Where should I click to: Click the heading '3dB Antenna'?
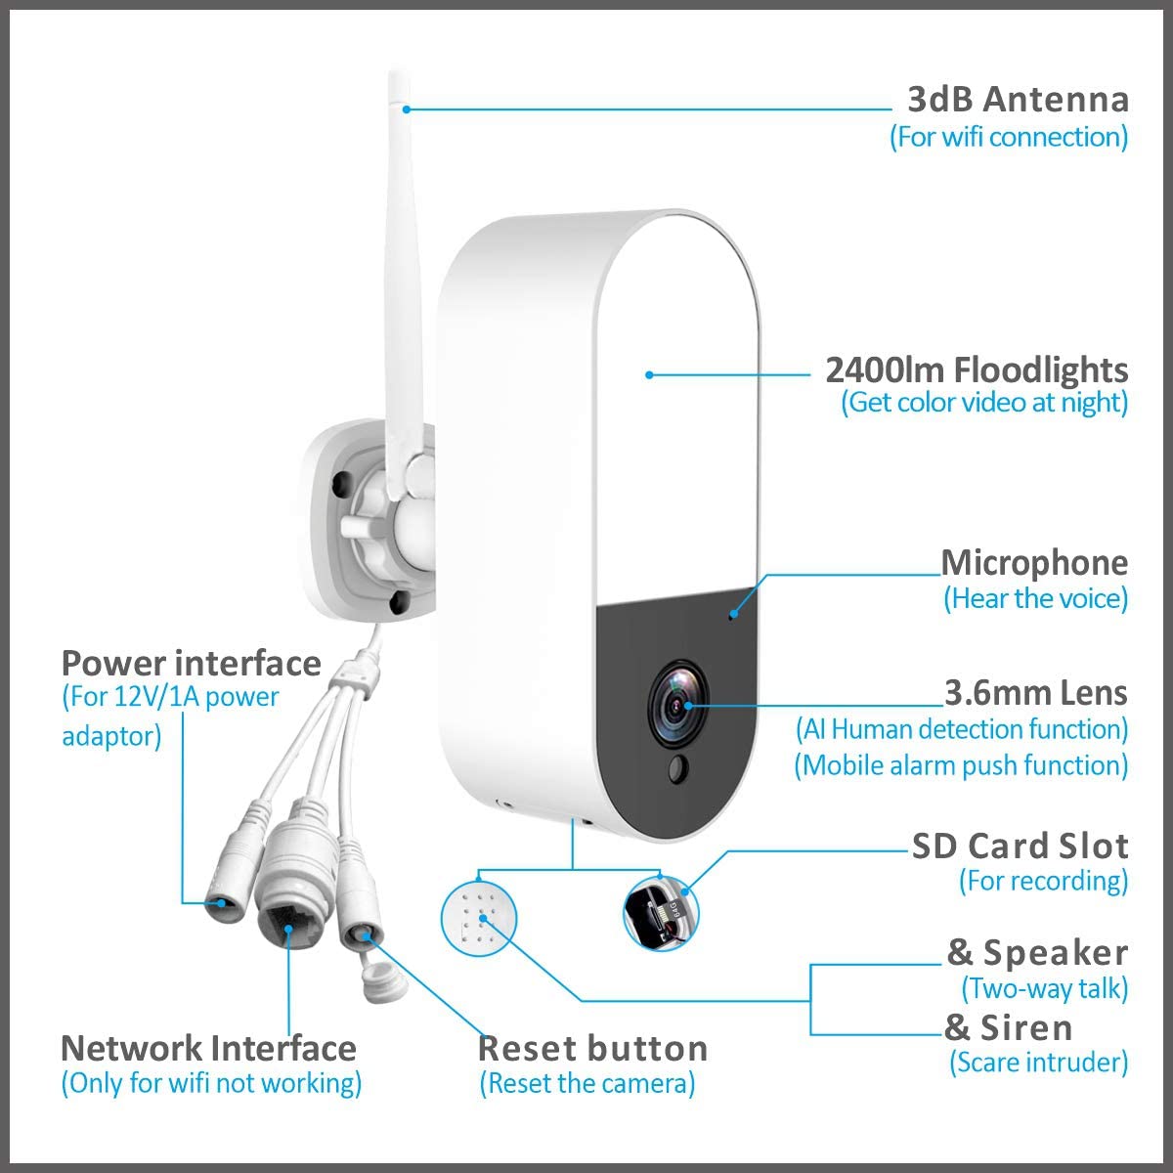[1018, 100]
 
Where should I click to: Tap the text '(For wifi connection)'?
[1009, 137]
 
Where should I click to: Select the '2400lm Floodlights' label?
[977, 369]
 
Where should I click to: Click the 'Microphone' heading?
[1034, 562]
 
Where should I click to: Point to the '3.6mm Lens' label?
[1036, 693]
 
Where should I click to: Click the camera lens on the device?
[678, 705]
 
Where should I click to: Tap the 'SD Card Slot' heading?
[1021, 847]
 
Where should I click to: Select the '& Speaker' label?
[1037, 953]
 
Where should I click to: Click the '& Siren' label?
[1008, 1027]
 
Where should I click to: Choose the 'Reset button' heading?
[593, 1049]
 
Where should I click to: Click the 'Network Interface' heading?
[209, 1048]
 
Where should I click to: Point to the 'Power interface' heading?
[192, 663]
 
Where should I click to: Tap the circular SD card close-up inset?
[661, 913]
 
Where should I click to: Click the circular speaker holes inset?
[478, 918]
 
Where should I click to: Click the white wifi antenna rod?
[402, 286]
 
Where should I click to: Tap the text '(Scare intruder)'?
[1038, 1063]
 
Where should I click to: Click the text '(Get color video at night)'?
[984, 403]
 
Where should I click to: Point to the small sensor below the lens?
[677, 769]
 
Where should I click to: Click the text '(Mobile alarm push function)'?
[961, 765]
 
